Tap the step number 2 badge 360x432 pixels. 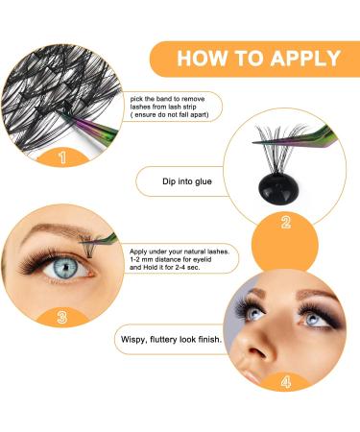click(286, 224)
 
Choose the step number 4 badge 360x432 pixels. click(284, 381)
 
